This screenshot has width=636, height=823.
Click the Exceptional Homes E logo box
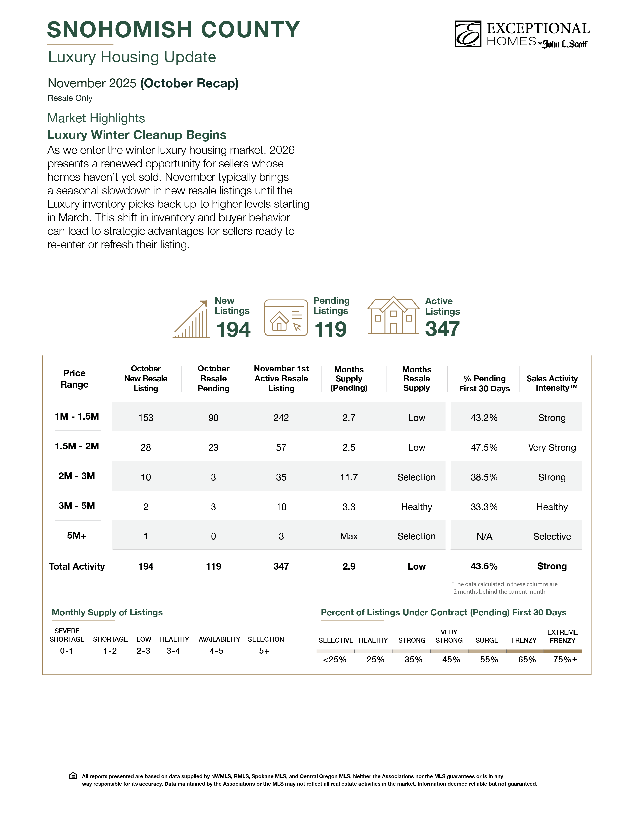click(x=468, y=34)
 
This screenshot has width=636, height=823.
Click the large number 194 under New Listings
click(x=233, y=330)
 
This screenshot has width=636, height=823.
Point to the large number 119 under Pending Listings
click(x=330, y=330)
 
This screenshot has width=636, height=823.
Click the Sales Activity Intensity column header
click(x=552, y=383)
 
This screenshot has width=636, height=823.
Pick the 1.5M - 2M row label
click(x=77, y=447)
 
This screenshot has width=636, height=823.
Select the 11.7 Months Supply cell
click(x=349, y=477)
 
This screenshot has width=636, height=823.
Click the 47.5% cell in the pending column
click(x=484, y=448)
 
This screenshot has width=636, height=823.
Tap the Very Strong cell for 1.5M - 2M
click(x=552, y=448)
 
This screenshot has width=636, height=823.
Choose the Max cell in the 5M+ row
click(x=349, y=536)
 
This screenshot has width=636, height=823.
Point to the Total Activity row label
click(x=77, y=566)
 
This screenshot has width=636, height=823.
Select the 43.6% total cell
click(x=484, y=566)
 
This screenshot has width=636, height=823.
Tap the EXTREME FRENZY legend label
click(x=562, y=636)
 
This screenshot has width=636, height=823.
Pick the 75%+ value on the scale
click(x=565, y=659)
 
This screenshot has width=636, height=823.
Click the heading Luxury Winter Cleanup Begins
click(x=137, y=135)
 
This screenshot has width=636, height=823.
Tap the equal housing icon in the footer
click(x=73, y=776)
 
